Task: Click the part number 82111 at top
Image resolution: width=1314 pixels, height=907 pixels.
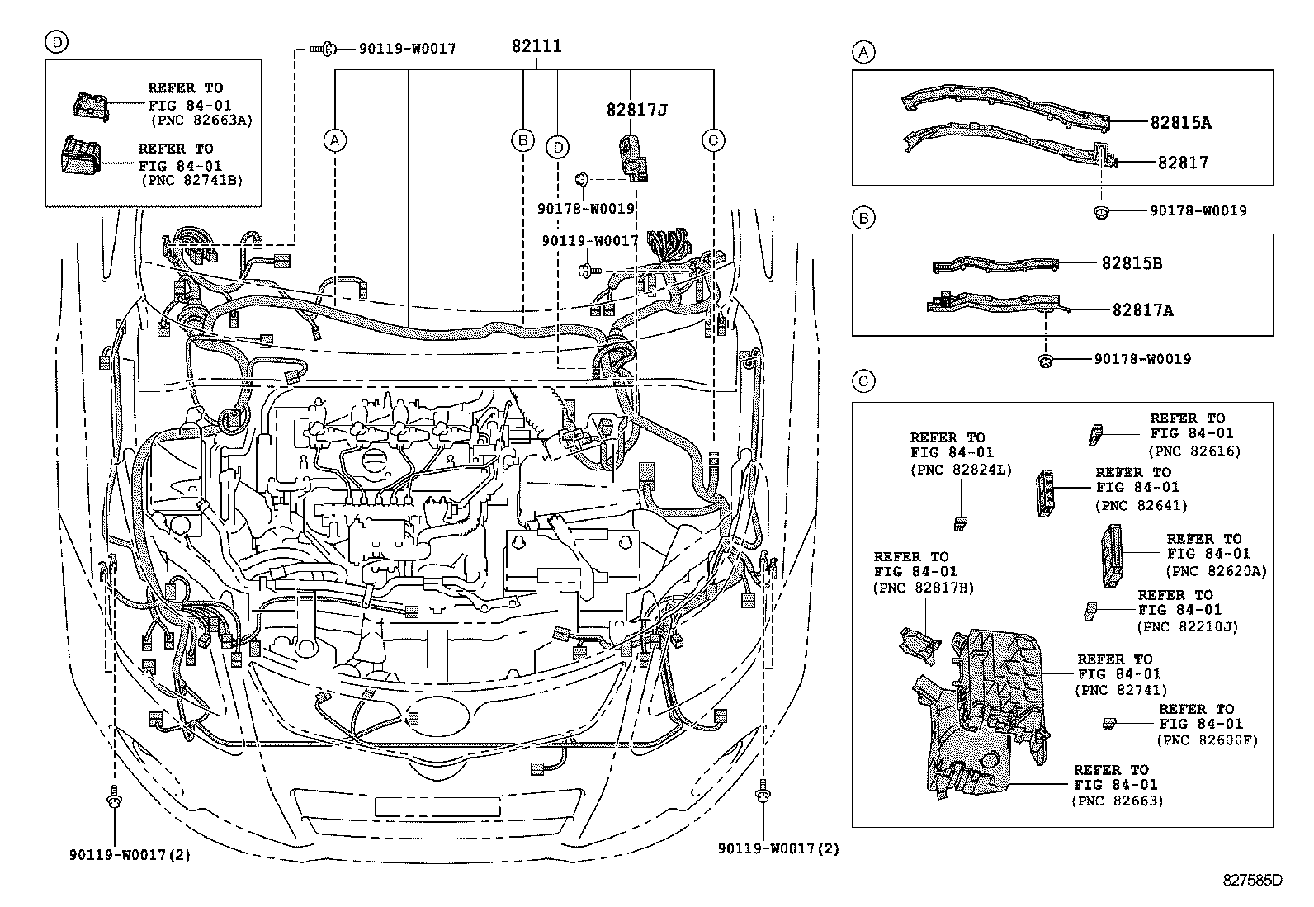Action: pos(536,46)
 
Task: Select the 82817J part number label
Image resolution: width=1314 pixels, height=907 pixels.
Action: pos(636,109)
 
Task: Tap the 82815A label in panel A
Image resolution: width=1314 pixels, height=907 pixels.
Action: pos(1180,123)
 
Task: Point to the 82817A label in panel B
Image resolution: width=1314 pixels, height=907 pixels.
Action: pos(1142,310)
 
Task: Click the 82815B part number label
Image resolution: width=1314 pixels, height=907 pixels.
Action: pos(1132,263)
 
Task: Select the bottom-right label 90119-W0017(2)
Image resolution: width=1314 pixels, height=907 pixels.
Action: pos(778,848)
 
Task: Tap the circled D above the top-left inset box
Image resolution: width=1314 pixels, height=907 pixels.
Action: pos(55,42)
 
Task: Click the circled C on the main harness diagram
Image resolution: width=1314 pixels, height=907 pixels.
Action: pos(713,140)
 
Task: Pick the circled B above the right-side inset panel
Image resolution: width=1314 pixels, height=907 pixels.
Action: pos(863,218)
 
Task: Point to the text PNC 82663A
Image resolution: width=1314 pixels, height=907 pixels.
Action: pos(201,120)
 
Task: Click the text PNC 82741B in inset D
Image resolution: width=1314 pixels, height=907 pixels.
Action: pos(191,179)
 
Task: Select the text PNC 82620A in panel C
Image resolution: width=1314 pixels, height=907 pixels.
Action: pos(1216,570)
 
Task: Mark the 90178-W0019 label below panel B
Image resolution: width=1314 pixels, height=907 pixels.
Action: pos(1142,359)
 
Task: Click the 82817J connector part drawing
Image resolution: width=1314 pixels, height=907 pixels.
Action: pos(631,156)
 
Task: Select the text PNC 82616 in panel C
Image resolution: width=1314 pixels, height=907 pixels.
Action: pos(1194,451)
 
